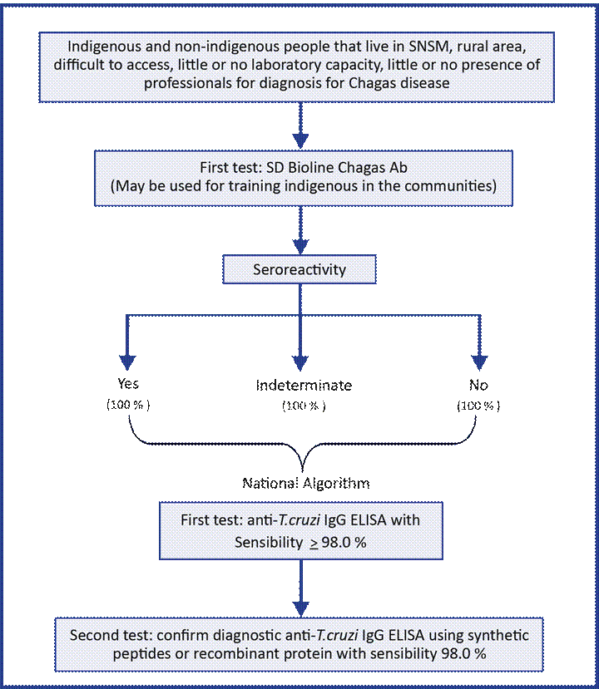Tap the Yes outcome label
pos(127,386)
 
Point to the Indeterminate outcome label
pos(303,386)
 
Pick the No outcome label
pos(478,386)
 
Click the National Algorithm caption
pos(306,483)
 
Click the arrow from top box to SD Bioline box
pos(299,125)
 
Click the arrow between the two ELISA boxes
pos(299,587)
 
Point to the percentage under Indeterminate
pos(303,406)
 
